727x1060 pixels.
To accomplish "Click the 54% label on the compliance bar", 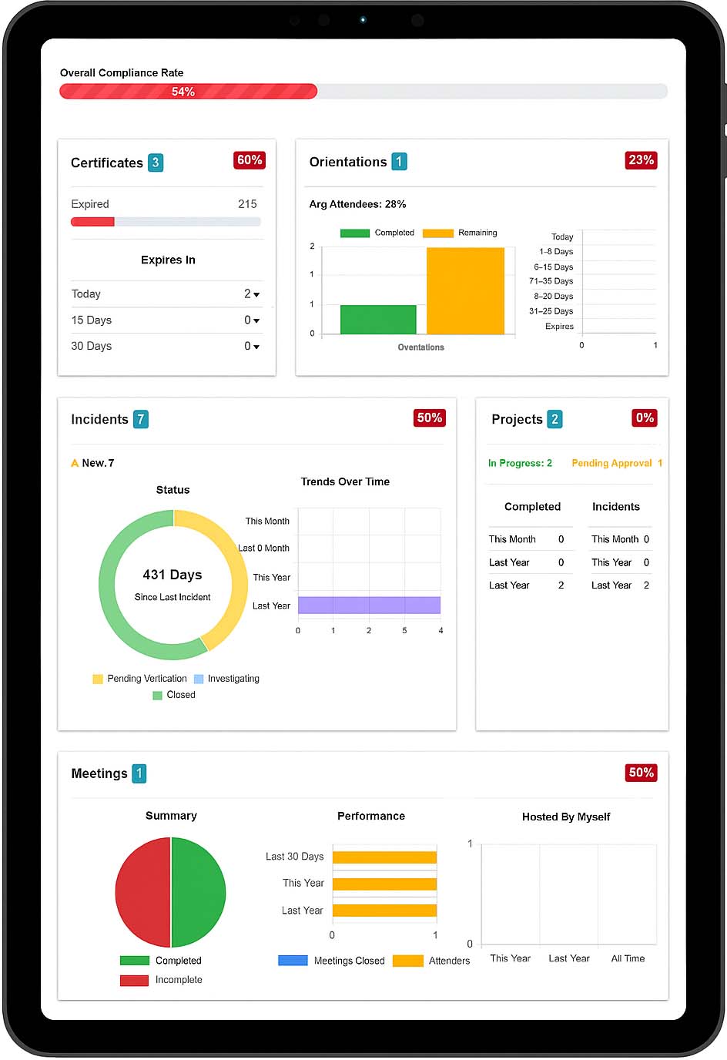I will pos(183,92).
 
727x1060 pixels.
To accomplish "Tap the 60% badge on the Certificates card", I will pos(250,160).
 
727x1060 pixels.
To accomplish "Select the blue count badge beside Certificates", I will pos(156,163).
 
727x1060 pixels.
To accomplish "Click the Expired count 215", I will pos(247,204).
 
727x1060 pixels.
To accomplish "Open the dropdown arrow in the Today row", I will pos(256,294).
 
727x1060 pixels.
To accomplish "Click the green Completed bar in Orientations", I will pos(378,319).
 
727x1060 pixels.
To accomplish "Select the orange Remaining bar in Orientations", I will pos(465,290).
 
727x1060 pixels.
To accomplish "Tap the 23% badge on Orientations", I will pos(641,160).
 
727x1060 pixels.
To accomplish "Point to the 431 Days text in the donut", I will pos(173,575).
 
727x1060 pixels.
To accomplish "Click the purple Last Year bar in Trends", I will pos(369,605).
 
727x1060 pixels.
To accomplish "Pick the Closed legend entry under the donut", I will pos(175,695).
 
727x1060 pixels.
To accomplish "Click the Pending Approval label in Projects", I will pos(611,463).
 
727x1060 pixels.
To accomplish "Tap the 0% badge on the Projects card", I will pos(645,418).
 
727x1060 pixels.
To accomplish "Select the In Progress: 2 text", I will pos(520,463).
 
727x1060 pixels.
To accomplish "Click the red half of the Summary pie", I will pos(142,892).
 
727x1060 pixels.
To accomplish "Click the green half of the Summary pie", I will pos(198,892).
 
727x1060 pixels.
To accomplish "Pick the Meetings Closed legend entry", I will pos(332,961).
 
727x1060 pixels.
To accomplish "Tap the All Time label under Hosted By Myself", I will pos(628,958).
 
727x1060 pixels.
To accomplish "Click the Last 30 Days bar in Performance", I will pos(384,857).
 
